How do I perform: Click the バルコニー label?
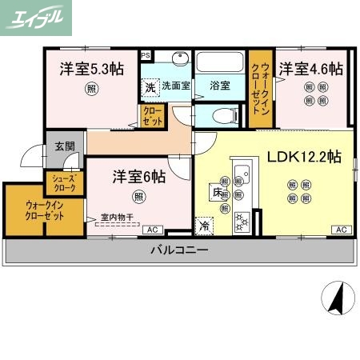coord(180,250)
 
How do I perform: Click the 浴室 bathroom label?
coord(220,86)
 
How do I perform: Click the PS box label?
coord(145,55)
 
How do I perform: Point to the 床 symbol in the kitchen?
coord(216,193)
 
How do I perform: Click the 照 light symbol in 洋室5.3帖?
coord(94,89)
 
